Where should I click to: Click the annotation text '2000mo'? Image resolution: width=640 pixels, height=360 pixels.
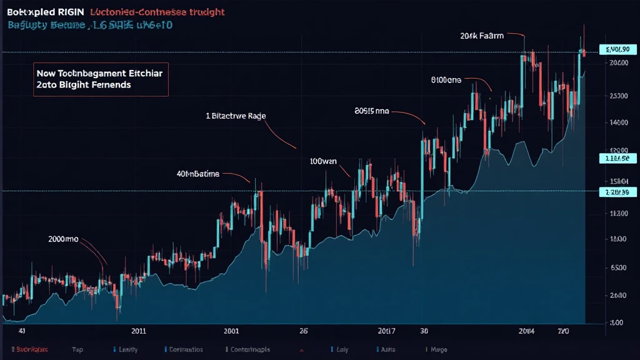pyautogui.click(x=63, y=239)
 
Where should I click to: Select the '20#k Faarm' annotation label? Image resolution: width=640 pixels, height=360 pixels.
pyautogui.click(x=482, y=36)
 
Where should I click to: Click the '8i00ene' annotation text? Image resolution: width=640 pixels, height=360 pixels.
pyautogui.click(x=446, y=80)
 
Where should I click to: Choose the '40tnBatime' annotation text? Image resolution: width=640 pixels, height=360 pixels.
pyautogui.click(x=197, y=174)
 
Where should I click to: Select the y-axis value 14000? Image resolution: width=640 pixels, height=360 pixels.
pyautogui.click(x=617, y=122)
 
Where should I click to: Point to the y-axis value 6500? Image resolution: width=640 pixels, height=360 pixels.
pyautogui.click(x=617, y=267)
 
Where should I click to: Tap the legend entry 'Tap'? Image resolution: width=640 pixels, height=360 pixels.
pyautogui.click(x=77, y=349)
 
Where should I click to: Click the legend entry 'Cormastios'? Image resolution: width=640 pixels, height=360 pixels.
pyautogui.click(x=186, y=349)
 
